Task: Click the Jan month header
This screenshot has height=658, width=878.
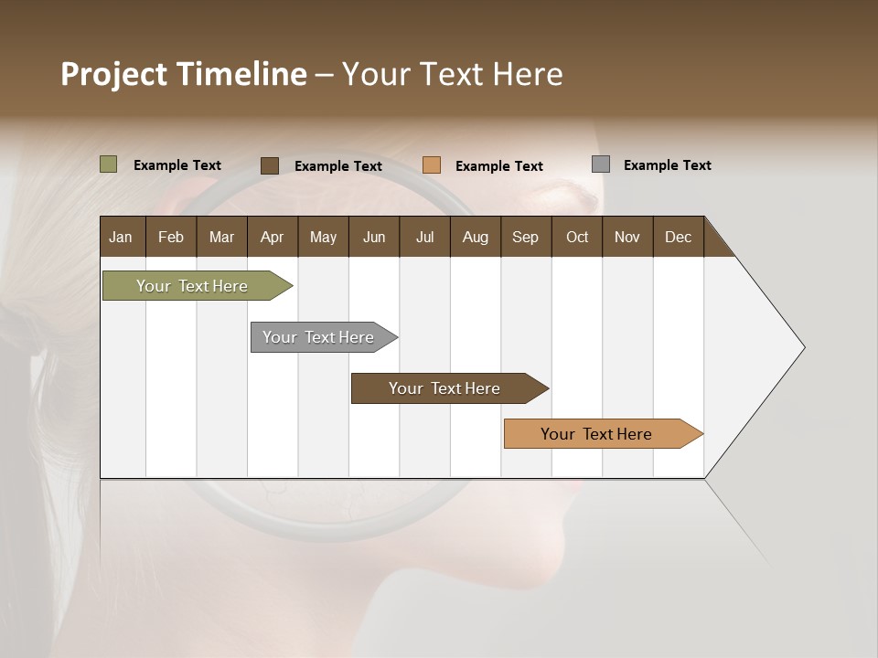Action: click(121, 237)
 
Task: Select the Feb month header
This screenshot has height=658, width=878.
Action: click(171, 237)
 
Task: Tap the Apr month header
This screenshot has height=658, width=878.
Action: click(272, 237)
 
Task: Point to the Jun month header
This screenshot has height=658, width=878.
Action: click(374, 237)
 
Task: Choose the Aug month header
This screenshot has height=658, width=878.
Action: click(475, 237)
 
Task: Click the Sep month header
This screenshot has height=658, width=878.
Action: click(525, 237)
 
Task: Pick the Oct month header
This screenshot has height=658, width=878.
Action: click(577, 237)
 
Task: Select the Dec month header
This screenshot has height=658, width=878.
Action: click(678, 237)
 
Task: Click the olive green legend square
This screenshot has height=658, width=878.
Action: click(109, 164)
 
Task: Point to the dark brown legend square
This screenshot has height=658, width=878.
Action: click(270, 165)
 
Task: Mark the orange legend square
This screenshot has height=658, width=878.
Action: click(432, 164)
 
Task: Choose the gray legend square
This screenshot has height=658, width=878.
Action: click(601, 164)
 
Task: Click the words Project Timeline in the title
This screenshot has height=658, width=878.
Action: click(184, 74)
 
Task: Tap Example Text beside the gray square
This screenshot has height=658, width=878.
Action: click(667, 165)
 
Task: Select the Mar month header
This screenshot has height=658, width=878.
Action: click(221, 237)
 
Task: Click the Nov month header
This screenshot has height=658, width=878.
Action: click(626, 237)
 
